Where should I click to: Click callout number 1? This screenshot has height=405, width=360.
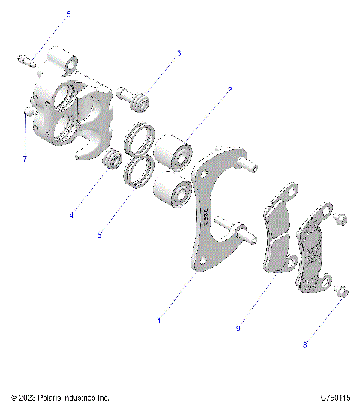click(159, 320)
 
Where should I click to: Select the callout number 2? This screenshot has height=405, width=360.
click(229, 90)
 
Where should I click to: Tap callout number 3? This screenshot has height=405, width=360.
click(178, 53)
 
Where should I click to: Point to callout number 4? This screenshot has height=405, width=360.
click(72, 215)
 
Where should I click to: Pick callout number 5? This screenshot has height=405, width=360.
click(99, 235)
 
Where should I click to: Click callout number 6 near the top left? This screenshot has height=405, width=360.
click(68, 14)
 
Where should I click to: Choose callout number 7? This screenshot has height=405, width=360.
click(24, 159)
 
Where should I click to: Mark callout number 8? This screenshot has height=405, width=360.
click(305, 345)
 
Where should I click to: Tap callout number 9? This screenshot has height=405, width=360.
click(238, 327)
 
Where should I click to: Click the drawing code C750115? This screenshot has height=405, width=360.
click(335, 397)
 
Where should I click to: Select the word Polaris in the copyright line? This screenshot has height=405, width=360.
click(49, 397)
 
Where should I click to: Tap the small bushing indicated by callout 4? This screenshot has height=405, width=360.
click(113, 159)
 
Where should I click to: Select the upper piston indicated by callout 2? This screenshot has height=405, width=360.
click(175, 152)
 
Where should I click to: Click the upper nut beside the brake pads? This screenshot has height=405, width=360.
click(338, 220)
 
